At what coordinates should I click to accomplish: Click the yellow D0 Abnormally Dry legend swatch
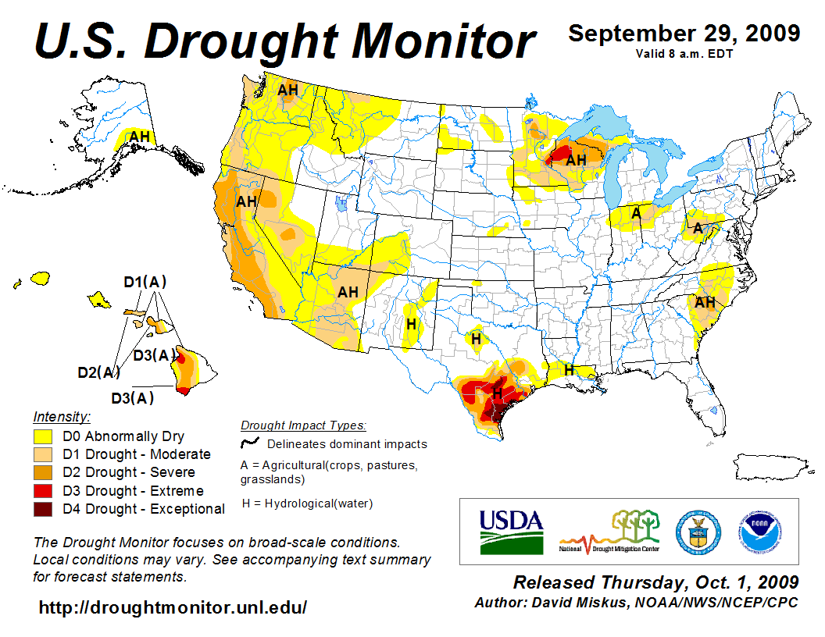tap(43, 436)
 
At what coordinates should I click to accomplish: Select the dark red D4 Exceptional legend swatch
tap(43, 509)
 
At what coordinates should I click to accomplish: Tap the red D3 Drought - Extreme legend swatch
tap(43, 491)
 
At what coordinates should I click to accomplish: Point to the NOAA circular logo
tap(756, 531)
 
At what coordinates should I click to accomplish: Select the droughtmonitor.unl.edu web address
tap(173, 607)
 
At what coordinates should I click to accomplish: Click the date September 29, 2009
tap(684, 34)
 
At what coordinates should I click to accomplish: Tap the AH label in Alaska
tap(139, 137)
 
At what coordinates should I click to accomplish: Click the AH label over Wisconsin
tap(576, 160)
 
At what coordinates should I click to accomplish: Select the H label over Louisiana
tap(570, 369)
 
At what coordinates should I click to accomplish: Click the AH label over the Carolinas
tap(705, 302)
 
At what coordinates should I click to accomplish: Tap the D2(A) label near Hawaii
tap(98, 372)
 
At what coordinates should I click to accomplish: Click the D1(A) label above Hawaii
tap(145, 281)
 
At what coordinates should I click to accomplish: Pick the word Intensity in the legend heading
tap(62, 417)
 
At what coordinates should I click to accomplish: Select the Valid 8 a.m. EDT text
tap(684, 52)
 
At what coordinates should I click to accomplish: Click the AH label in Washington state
tap(287, 90)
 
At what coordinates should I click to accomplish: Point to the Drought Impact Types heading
tap(303, 425)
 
